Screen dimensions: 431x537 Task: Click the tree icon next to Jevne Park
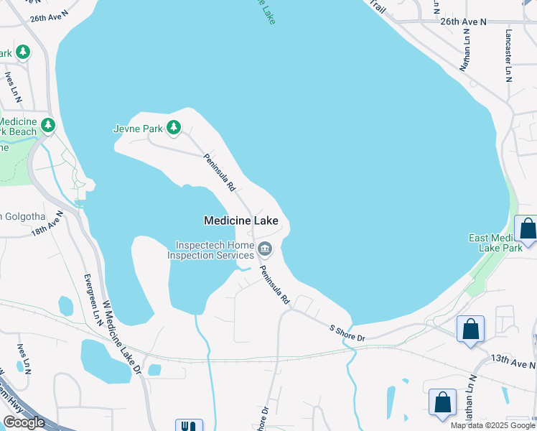click(173, 128)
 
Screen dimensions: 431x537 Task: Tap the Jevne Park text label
click(138, 129)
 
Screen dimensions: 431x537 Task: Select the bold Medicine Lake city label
click(241, 221)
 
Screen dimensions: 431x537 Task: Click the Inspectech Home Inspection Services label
click(211, 250)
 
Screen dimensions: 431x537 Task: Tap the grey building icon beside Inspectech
click(265, 249)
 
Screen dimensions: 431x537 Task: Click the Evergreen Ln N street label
click(93, 300)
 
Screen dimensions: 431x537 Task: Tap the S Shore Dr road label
click(347, 333)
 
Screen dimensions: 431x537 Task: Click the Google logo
click(24, 422)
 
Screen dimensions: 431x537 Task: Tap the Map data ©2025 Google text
click(492, 425)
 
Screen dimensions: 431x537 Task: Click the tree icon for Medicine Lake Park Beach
click(48, 126)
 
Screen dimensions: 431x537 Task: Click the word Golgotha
click(26, 217)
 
